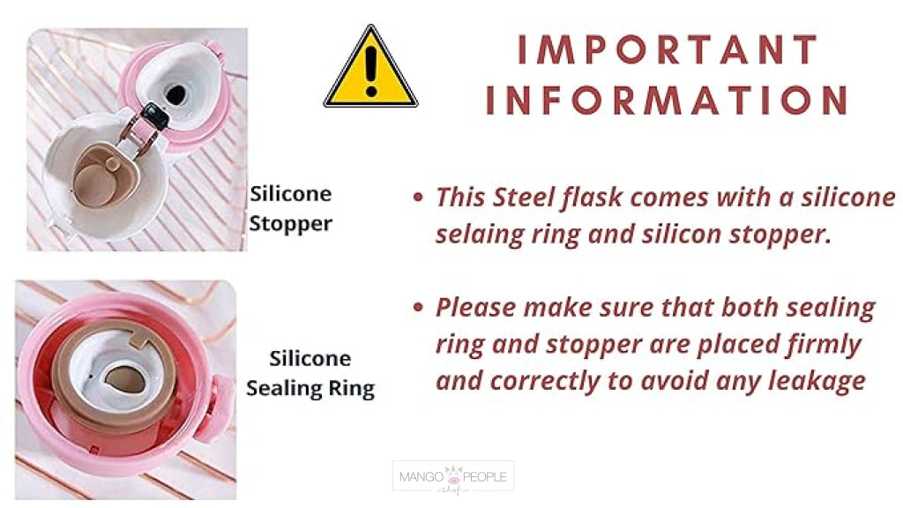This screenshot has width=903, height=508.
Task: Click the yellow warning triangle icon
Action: pos(371,68)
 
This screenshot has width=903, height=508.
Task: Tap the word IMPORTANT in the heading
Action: pos(668,49)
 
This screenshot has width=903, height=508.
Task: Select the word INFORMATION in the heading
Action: pos(668,100)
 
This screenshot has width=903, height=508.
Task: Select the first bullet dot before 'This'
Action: pos(418,198)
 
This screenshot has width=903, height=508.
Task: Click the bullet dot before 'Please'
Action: pos(418,307)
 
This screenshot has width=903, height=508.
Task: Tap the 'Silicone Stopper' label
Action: pos(291,208)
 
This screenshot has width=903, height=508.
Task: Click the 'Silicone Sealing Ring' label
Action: pos(310,374)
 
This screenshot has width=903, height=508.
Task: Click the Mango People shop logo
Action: pos(453,477)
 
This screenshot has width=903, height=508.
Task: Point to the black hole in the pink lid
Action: pos(176,94)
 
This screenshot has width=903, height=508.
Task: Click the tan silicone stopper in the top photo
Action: pos(106,176)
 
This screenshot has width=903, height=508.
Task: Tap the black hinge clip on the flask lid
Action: pos(155,116)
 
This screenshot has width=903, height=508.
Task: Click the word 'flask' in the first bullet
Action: pos(593,197)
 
